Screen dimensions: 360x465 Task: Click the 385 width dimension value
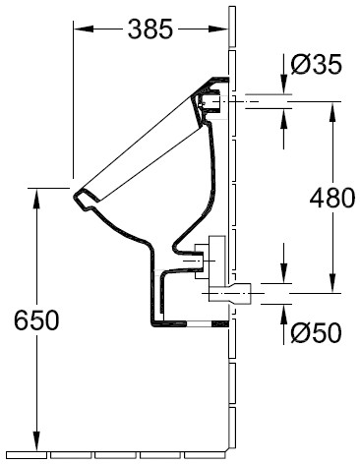150,29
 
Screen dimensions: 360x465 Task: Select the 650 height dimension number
36,320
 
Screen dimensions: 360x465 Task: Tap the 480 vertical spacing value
332,198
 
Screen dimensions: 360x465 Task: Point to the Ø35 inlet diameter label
317,64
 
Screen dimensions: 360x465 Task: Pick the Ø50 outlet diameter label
317,332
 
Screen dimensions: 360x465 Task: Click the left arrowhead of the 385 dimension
84,29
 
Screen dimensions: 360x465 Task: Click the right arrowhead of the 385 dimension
217,29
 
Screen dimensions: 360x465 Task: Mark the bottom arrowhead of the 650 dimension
36,440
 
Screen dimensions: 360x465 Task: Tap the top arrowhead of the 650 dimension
36,199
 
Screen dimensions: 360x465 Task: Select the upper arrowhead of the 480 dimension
332,112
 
